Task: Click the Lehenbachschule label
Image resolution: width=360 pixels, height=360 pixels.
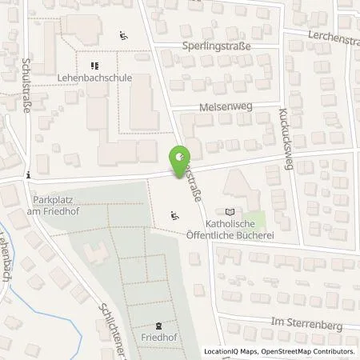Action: coord(105,78)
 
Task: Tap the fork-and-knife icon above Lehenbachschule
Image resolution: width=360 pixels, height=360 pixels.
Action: coord(94,66)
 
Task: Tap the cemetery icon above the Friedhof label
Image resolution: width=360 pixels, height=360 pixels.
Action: coord(158,326)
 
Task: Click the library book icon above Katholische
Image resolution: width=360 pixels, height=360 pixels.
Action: coord(231,212)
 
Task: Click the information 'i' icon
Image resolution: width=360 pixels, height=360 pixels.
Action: coord(28,174)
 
